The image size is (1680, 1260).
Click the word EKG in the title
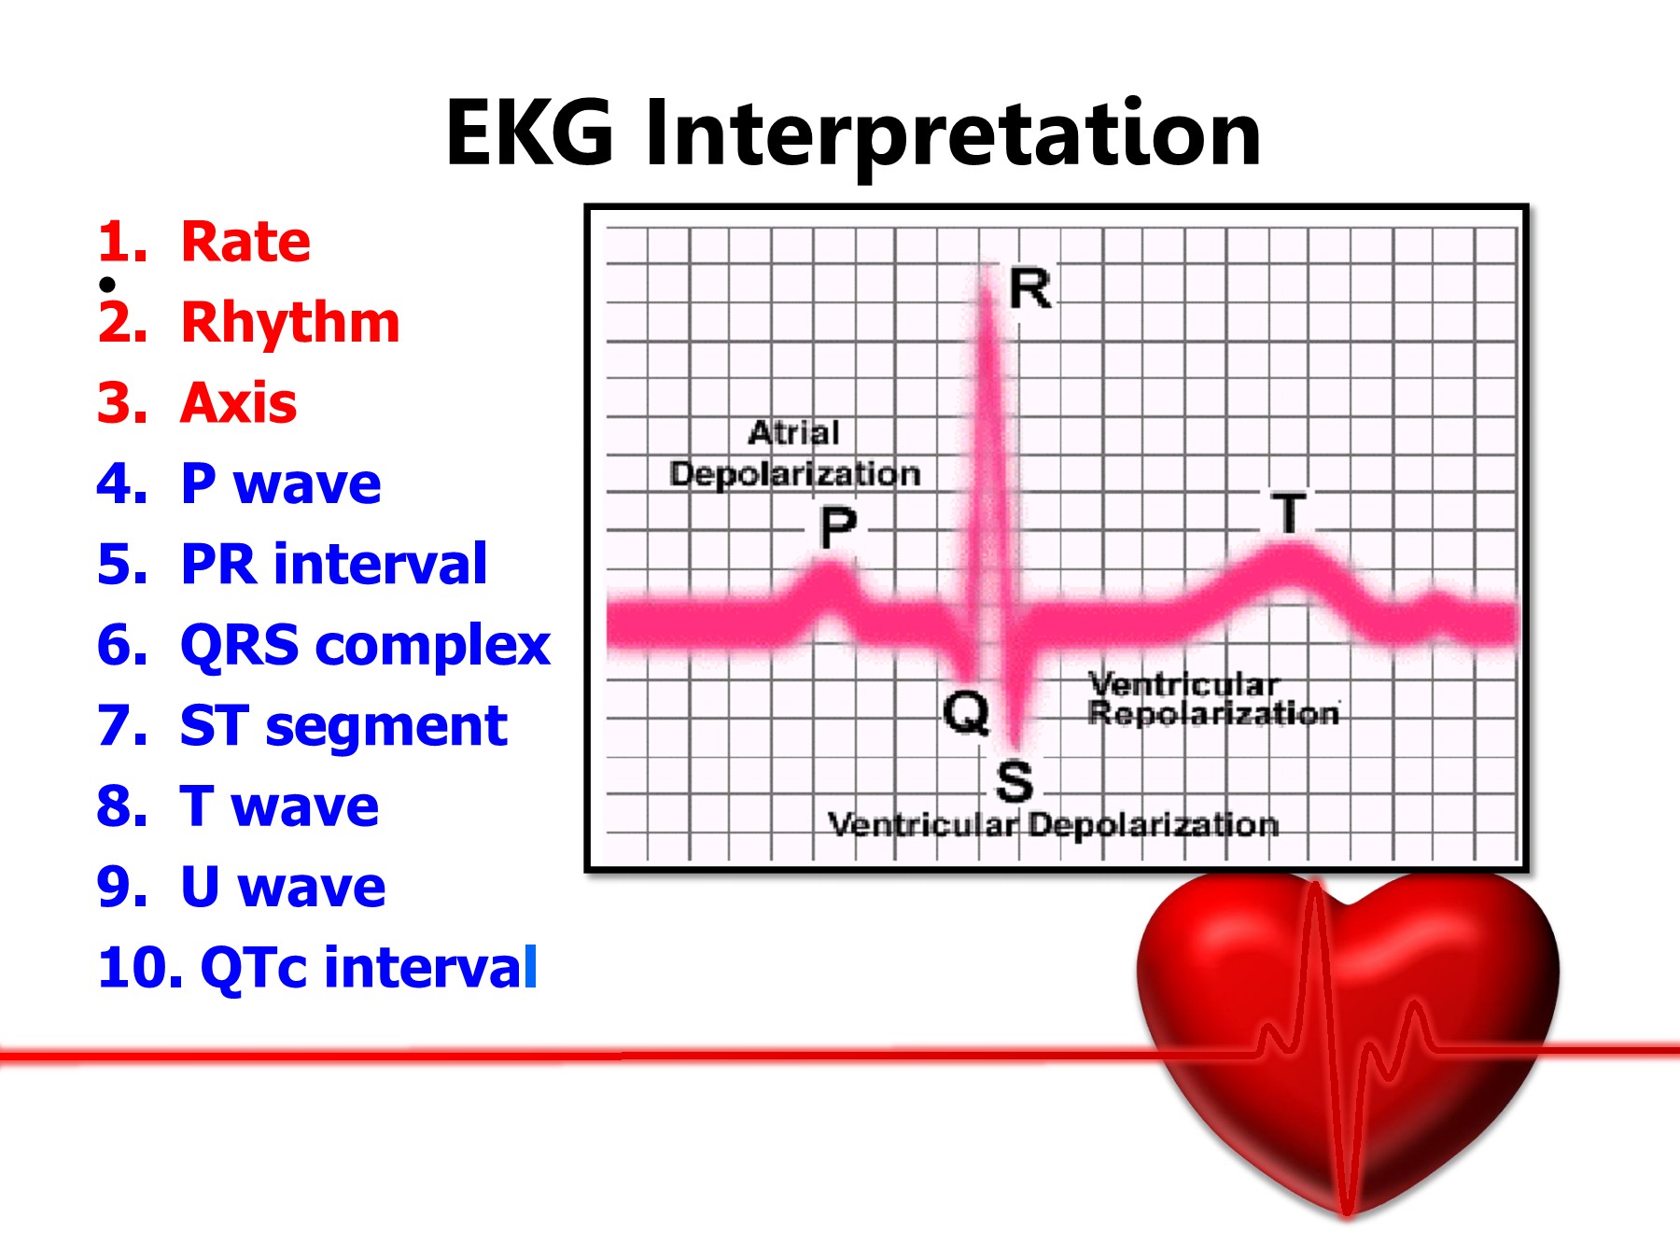[x=529, y=135]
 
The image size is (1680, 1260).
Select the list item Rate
[x=245, y=242]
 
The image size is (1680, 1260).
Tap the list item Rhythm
[x=289, y=323]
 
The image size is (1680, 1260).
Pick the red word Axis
[x=238, y=403]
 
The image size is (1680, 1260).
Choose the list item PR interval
[x=333, y=565]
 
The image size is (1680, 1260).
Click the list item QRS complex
[x=365, y=646]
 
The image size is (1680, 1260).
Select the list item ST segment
[x=343, y=726]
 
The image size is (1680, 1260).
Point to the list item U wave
[x=282, y=887]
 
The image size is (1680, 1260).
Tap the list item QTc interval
[x=369, y=968]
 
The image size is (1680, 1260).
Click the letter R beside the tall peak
[x=1030, y=289]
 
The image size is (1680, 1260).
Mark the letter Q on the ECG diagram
[x=966, y=714]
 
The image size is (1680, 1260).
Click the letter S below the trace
[x=1015, y=782]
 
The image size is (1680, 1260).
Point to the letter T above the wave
[x=1290, y=513]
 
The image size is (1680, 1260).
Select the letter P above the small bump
[x=838, y=528]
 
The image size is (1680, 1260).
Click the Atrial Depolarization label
[x=795, y=454]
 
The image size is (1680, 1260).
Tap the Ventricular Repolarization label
[x=1211, y=699]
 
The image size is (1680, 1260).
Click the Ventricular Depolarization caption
[x=1053, y=825]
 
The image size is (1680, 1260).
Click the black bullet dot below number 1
[x=108, y=284]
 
